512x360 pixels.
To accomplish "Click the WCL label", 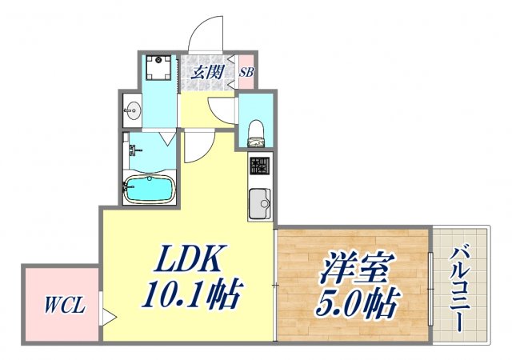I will [60, 305].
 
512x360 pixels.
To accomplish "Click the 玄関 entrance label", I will [207, 71].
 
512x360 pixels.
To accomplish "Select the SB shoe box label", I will [246, 71].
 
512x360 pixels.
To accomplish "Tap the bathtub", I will [149, 190].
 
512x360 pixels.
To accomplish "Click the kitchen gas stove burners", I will [260, 167].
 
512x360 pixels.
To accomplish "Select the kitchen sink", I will [259, 203].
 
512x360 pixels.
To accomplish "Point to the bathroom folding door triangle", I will [167, 137].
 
